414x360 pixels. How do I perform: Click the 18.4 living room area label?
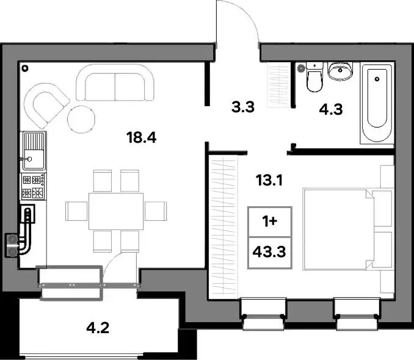click(142, 137)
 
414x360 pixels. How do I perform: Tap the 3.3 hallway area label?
click(243, 107)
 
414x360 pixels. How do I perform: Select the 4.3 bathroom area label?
click(331, 109)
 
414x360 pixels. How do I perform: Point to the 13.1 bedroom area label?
click(269, 181)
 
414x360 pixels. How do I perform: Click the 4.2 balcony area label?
click(98, 328)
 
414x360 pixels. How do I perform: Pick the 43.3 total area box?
click(269, 253)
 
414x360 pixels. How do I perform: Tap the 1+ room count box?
click(269, 221)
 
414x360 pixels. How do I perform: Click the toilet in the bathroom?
click(314, 76)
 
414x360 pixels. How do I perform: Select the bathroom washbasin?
click(340, 71)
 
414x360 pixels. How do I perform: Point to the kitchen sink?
click(33, 151)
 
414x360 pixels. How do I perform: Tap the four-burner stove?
click(33, 187)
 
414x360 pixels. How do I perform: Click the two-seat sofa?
click(115, 82)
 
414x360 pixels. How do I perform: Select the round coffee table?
click(81, 120)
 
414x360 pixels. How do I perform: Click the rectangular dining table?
click(116, 211)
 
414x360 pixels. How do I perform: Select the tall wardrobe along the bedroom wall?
click(223, 227)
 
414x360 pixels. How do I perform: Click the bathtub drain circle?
click(377, 79)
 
